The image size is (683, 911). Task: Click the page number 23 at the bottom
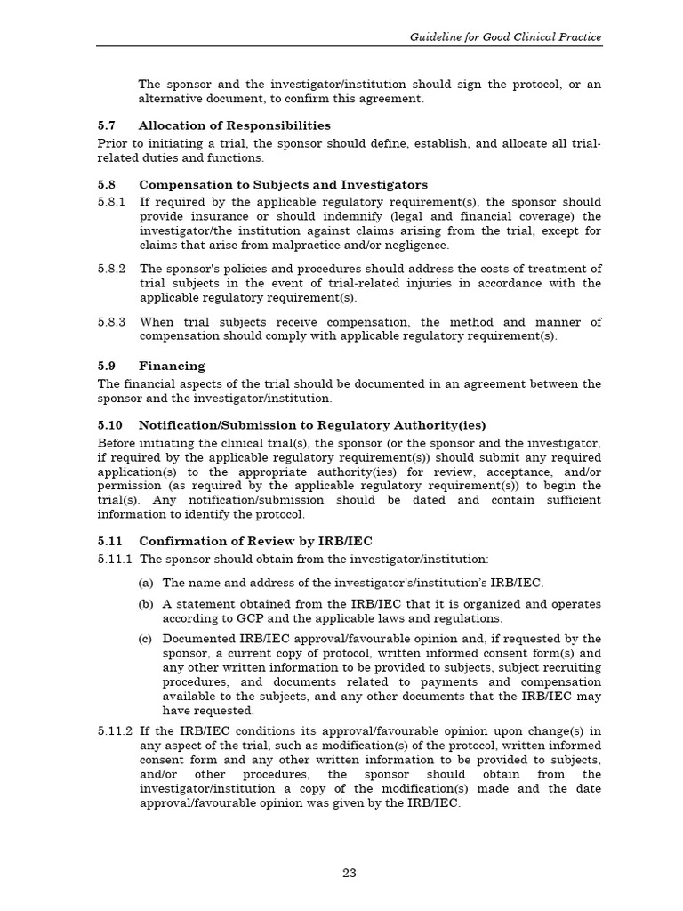tap(350, 873)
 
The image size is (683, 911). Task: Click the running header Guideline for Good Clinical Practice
tap(505, 37)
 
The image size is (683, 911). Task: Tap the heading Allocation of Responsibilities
tap(234, 125)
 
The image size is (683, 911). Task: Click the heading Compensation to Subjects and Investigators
tap(283, 185)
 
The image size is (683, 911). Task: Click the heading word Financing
tap(172, 366)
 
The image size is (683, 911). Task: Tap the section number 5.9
tap(107, 366)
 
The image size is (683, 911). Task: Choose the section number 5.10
tap(109, 424)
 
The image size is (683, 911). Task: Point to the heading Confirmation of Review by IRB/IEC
tap(255, 541)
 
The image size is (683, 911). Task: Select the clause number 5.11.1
tap(116, 559)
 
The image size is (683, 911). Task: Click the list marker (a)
tap(146, 583)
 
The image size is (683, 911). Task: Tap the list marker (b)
tap(146, 604)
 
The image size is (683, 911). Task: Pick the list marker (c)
tap(146, 639)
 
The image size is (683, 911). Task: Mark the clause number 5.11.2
tap(116, 730)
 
